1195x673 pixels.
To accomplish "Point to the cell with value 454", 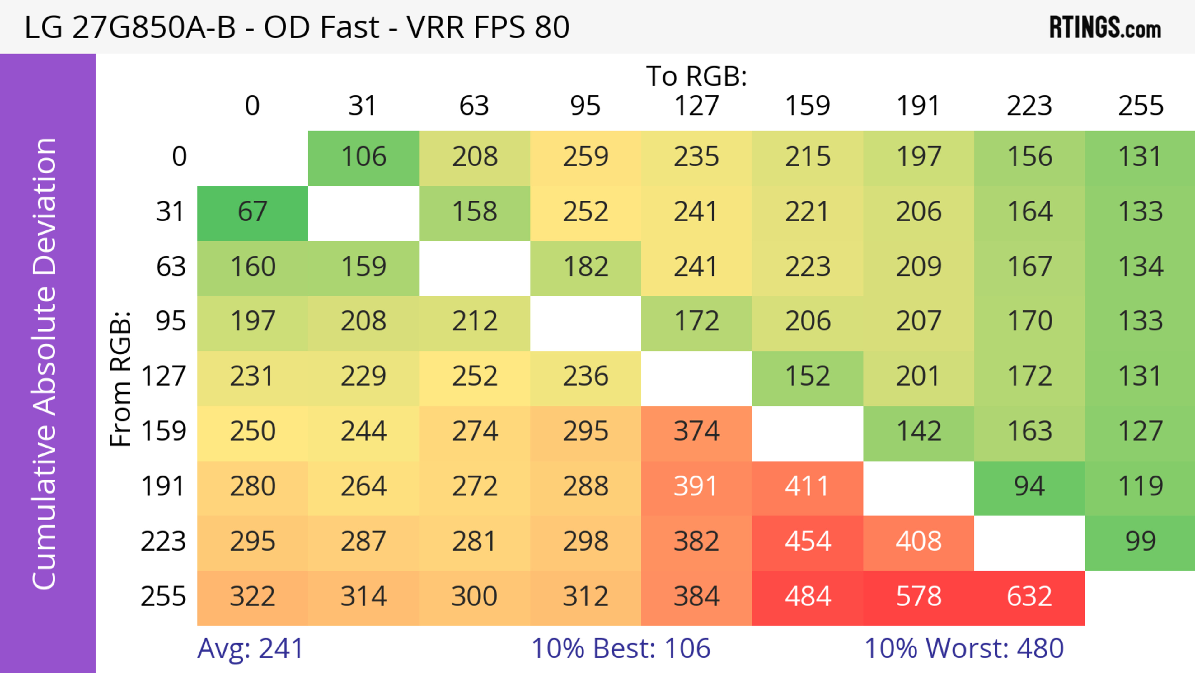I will pos(808,542).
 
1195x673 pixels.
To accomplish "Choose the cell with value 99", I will pos(1140,542).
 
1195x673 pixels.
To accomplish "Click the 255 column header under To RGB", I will pos(1140,106).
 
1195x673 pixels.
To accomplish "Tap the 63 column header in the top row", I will pos(474,106).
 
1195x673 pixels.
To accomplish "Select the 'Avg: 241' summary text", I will pos(251,648).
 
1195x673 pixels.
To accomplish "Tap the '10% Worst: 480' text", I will pos(964,648).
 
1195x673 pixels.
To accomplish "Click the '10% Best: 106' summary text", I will pos(621,648).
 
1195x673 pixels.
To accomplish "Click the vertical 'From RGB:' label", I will pos(121,379).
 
